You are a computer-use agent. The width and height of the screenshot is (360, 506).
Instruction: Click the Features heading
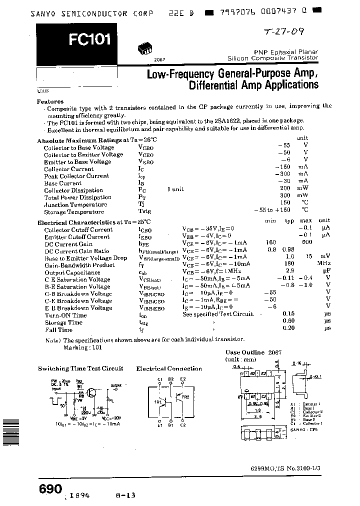(x=50, y=101)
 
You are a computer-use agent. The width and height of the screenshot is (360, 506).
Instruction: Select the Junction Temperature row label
(x=75, y=204)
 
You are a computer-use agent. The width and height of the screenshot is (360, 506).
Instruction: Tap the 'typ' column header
(x=289, y=220)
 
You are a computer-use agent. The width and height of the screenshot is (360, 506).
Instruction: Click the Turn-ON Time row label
(x=65, y=315)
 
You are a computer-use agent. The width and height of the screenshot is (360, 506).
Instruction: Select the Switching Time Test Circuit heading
(x=80, y=368)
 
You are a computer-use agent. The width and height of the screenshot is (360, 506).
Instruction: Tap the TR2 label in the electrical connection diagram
(x=186, y=396)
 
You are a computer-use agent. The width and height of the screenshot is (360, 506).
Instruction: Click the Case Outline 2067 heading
(x=253, y=352)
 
